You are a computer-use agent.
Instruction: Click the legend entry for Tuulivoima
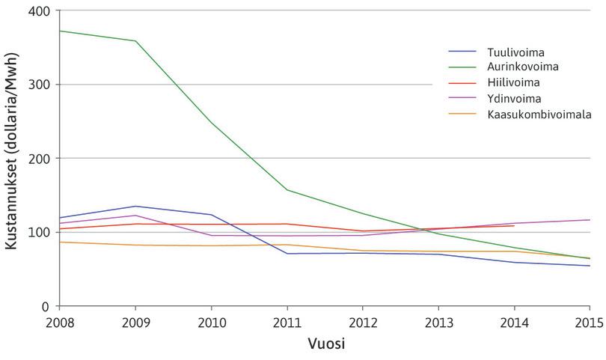click(515, 53)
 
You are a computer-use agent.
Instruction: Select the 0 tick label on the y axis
click(45, 306)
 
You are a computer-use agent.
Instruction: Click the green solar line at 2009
click(135, 41)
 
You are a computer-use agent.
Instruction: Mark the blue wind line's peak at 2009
click(135, 206)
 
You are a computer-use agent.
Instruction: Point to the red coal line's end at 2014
click(514, 226)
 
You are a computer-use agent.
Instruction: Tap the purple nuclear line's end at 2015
click(590, 220)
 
